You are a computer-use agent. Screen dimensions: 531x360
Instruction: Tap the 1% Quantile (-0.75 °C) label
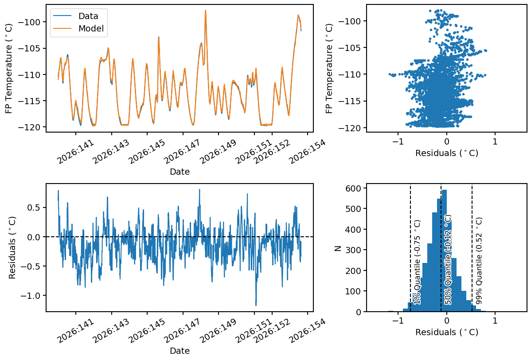(x=417, y=262)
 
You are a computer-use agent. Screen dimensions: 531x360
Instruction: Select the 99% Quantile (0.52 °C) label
(x=479, y=261)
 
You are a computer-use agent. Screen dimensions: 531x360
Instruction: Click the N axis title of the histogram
(x=338, y=248)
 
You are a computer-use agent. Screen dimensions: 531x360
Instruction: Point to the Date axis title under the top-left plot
(x=180, y=172)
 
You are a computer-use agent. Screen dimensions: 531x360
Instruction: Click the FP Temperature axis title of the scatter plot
(x=329, y=68)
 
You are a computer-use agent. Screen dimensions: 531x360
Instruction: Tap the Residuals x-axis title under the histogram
(x=447, y=332)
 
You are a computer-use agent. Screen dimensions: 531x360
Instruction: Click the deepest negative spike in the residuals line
(x=256, y=305)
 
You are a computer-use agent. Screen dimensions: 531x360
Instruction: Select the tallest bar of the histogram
(x=444, y=250)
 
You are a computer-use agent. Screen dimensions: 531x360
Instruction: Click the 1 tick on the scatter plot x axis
(x=495, y=141)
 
